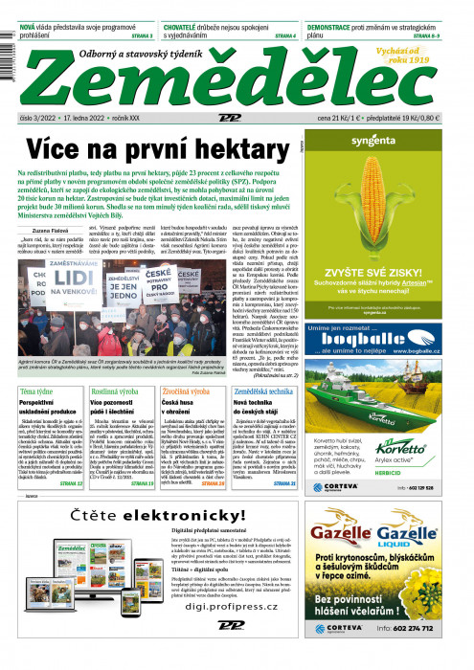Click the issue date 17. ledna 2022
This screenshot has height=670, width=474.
pos(81,118)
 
